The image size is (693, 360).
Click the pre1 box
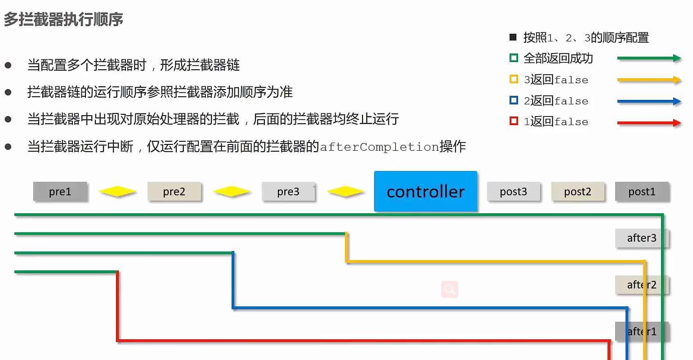(60, 192)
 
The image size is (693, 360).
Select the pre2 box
(174, 192)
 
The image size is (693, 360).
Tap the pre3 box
(288, 192)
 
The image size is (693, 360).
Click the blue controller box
(426, 191)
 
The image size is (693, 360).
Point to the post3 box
(514, 192)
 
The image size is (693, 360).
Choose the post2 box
(577, 192)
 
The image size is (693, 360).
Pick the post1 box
(642, 192)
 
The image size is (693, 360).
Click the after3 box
(642, 238)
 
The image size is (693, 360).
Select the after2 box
(642, 285)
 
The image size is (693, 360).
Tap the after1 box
(642, 332)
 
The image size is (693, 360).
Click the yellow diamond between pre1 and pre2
(117, 191)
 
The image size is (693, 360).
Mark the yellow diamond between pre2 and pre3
(232, 191)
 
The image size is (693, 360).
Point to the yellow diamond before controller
(345, 191)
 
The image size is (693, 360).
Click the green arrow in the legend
(649, 58)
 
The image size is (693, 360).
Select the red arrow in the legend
(649, 123)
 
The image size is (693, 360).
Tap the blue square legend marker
(514, 100)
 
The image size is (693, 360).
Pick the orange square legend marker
(514, 79)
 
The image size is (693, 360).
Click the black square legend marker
(513, 37)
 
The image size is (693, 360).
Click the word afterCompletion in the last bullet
(379, 147)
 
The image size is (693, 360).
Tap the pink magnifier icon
(450, 289)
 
